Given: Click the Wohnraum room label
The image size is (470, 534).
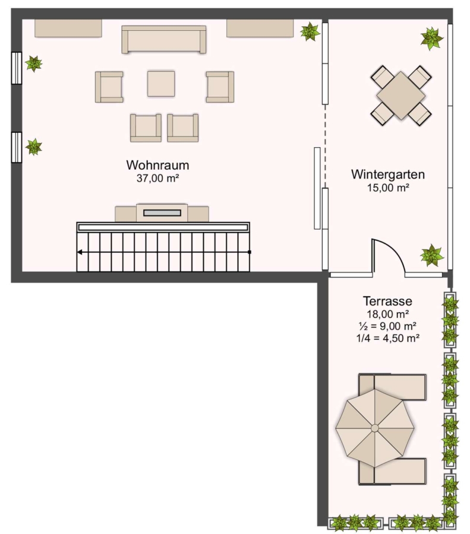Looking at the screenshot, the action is point(157,165).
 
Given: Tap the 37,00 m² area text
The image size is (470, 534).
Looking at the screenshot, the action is point(158,178).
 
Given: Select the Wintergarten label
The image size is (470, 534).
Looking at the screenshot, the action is point(388,174).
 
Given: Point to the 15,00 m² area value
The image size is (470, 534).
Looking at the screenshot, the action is point(388,187).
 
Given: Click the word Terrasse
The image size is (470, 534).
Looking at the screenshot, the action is point(387,301).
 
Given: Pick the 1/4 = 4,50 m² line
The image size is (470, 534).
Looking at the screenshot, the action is point(388,338).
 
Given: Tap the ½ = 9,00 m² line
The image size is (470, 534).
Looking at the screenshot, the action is point(388,326).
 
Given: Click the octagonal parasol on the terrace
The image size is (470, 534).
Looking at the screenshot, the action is point(375,428).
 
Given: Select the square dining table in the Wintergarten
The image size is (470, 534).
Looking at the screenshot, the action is point(401,96).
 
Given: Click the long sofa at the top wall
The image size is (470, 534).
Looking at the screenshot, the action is point(164,40).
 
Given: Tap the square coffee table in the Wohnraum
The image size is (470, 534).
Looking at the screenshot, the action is point(161,84).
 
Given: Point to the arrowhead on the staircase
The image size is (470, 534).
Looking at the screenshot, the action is point(80,252).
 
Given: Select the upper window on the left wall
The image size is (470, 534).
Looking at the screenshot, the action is point(17,68).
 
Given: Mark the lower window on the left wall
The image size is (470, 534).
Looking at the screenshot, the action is point(17,148).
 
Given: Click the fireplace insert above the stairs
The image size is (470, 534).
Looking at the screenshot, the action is point(162,213).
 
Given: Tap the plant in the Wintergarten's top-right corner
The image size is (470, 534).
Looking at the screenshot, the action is point(431,39).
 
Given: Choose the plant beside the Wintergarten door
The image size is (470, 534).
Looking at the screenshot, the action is point(432,255).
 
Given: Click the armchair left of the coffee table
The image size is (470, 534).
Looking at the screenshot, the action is point(109,87).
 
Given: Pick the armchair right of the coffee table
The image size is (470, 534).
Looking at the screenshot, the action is point(220,87).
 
